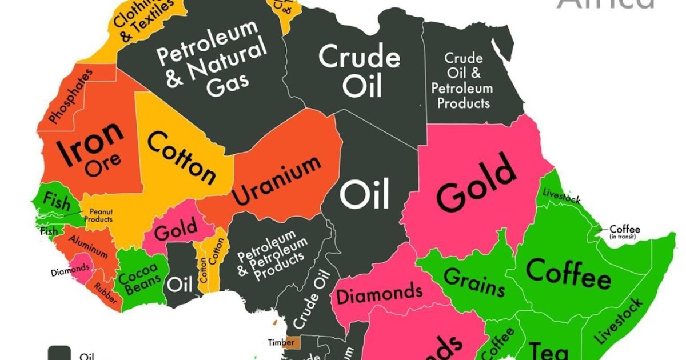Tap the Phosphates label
(70, 96)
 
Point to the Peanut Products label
(98, 215)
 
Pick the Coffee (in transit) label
(624, 231)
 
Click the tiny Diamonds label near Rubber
(70, 268)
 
